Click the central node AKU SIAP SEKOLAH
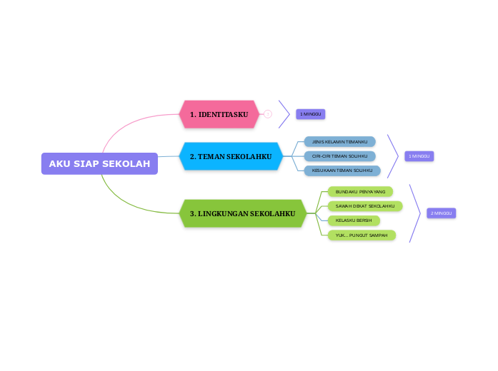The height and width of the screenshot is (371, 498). [x=99, y=163]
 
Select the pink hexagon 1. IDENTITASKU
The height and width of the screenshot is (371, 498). [x=219, y=114]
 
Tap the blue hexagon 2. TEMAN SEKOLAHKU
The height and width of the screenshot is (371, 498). [x=231, y=156]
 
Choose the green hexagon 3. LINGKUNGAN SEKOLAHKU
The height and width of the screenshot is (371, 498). [x=242, y=213]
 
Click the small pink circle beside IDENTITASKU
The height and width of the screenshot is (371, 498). [x=268, y=114]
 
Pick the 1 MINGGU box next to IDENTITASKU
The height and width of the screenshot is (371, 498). [x=310, y=114]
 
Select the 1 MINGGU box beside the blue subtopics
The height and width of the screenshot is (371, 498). [x=419, y=156]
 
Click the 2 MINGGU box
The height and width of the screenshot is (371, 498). [x=441, y=213]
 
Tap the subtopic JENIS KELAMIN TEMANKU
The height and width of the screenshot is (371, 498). [x=339, y=142]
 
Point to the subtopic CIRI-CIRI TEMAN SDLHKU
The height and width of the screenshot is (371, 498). [x=339, y=156]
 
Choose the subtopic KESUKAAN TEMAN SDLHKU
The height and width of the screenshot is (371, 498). [x=342, y=171]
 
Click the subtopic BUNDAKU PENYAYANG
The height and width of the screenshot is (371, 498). [x=360, y=192]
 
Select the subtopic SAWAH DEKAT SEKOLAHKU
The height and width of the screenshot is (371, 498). [x=365, y=206]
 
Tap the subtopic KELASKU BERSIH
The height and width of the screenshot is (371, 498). [x=354, y=220]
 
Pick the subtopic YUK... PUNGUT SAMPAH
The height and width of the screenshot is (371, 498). [x=361, y=235]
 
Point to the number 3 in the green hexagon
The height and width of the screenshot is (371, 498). [x=192, y=213]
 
